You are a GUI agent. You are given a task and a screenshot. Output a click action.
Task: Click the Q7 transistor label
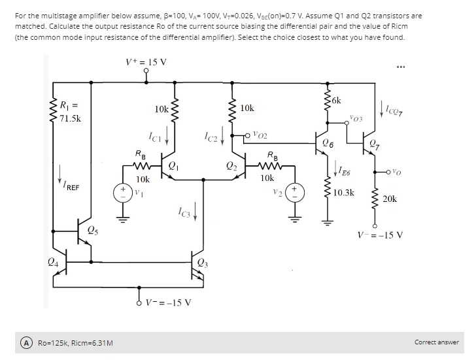390,145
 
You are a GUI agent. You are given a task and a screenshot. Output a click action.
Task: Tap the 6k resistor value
335,100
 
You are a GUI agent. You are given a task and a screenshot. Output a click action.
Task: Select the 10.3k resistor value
343,193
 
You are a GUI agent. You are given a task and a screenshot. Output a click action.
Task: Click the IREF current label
69,186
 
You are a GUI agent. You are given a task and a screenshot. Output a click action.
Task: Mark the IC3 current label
184,212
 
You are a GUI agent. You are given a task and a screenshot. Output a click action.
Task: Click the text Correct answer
436,342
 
